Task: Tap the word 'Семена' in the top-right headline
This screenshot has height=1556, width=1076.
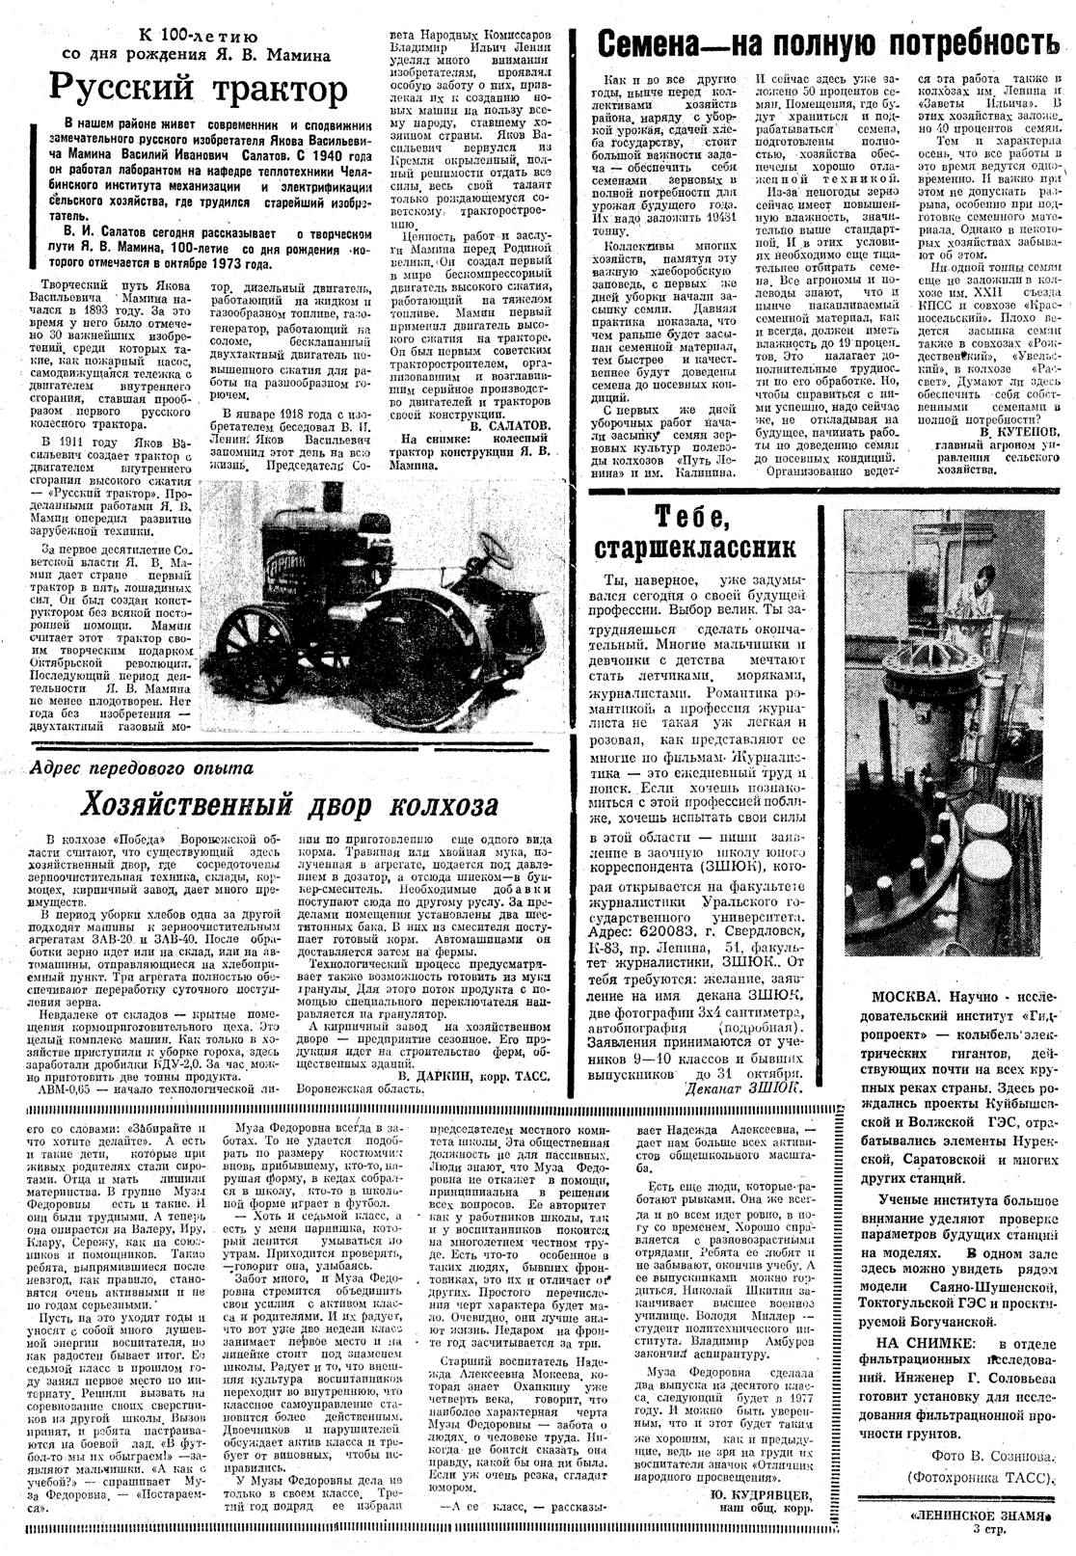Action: coord(665,44)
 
